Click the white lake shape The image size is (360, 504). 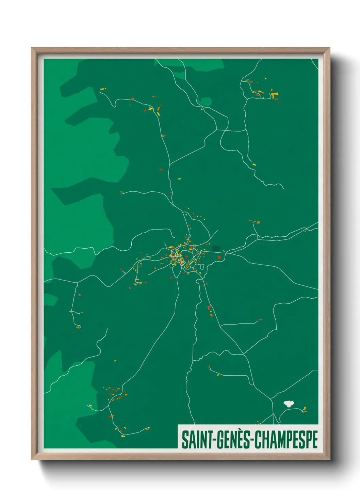tap(288, 404)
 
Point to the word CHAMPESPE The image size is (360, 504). tap(286, 440)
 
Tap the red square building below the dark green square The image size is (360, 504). tap(219, 257)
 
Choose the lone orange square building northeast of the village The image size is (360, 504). tap(258, 222)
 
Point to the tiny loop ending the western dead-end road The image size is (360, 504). tap(79, 327)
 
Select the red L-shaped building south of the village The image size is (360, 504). tap(209, 308)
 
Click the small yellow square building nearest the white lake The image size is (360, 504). tap(305, 408)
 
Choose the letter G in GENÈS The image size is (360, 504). tap(220, 440)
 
